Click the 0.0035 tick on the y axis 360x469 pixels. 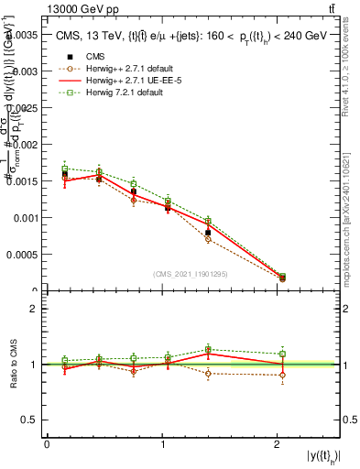click(x=25, y=34)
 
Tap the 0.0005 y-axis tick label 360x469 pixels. click(x=25, y=255)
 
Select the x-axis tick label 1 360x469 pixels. click(x=163, y=444)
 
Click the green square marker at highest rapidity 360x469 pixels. click(x=282, y=276)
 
